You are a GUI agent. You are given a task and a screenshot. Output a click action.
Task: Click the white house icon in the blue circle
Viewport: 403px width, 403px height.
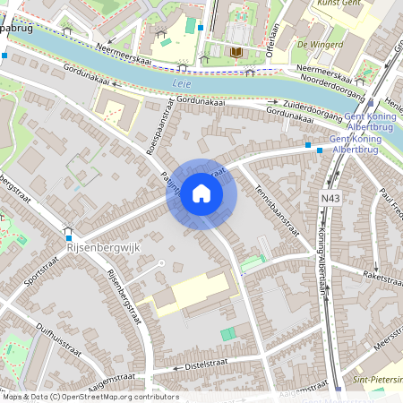tap(201, 193)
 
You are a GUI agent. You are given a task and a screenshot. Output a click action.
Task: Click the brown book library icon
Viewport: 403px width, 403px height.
tap(236, 53)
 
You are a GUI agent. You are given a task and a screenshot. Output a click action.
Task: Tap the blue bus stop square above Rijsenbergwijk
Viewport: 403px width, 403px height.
tap(68, 227)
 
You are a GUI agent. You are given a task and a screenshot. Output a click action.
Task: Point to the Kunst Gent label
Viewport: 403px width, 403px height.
tap(339, 4)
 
